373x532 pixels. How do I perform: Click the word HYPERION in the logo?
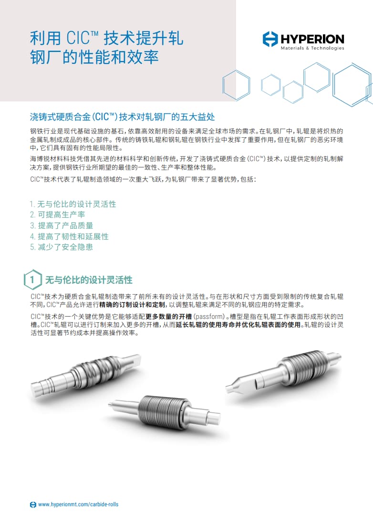click(312, 39)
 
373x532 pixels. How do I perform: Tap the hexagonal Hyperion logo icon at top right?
click(270, 39)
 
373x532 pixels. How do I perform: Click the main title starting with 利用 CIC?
click(106, 48)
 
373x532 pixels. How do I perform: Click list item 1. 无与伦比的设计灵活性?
click(73, 204)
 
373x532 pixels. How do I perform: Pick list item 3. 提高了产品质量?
click(62, 225)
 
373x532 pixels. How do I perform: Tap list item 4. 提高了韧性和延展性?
click(69, 236)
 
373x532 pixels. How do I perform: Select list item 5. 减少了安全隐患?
click(62, 247)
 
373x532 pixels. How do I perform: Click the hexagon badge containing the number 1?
click(32, 280)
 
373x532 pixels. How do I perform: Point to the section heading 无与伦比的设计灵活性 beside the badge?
click(89, 280)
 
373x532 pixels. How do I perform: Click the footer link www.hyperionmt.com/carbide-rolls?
click(78, 504)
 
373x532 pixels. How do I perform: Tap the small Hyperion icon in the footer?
click(33, 504)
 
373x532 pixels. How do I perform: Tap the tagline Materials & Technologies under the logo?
click(312, 49)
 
